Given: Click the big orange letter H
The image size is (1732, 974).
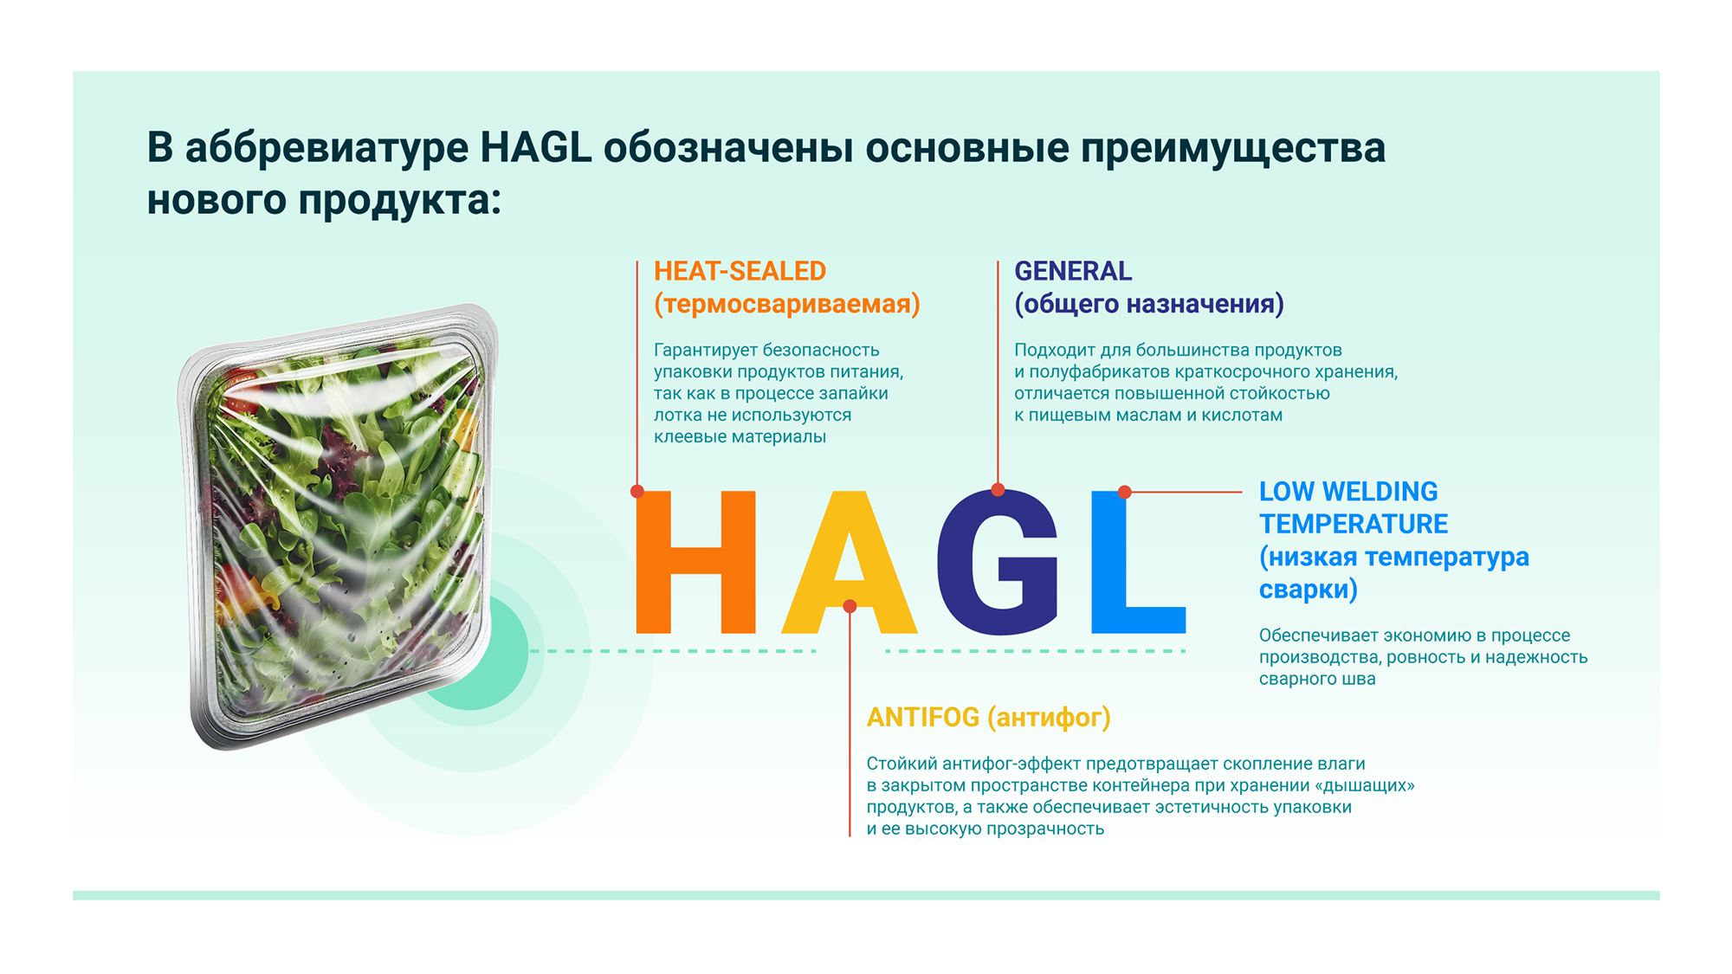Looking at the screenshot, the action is click(695, 562).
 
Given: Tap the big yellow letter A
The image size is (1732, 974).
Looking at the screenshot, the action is click(849, 562).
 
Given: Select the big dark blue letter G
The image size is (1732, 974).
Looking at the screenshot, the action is click(998, 562).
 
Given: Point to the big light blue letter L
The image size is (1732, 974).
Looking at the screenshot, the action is click(1137, 562).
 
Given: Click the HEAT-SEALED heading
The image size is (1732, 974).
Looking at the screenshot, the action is click(740, 271).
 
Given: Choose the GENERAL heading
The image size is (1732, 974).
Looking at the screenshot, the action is click(1073, 271).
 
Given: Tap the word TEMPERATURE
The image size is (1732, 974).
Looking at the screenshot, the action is click(1354, 524).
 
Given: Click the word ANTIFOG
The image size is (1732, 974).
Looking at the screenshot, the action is click(923, 717).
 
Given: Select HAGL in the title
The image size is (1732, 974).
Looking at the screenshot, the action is click(536, 147).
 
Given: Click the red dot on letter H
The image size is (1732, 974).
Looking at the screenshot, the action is click(637, 492).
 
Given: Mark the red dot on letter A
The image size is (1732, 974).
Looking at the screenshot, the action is click(850, 606).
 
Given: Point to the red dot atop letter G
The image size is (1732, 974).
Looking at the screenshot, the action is click(998, 490).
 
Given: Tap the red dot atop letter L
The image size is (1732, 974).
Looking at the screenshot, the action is click(1124, 492).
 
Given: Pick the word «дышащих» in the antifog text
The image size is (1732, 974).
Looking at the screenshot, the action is click(1367, 785).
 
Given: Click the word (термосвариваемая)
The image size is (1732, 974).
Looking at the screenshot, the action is click(787, 304).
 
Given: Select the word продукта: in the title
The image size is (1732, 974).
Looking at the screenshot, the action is click(400, 200).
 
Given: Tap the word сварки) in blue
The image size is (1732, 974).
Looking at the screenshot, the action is click(1309, 590).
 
